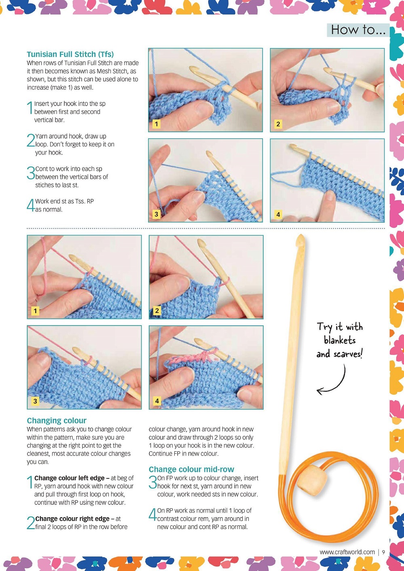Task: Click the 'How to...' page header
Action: point(358,30)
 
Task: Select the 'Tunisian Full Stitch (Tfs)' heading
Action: point(70,54)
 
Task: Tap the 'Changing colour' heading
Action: point(57,420)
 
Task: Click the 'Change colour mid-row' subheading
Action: point(191,469)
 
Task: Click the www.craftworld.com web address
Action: point(347,552)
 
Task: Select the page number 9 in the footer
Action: point(383,552)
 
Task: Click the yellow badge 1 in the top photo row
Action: point(156,124)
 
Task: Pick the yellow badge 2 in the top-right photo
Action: point(278,124)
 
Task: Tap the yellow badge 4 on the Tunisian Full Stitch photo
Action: point(278,214)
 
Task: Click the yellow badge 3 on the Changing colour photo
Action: point(35,401)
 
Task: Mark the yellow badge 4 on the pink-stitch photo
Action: point(157,401)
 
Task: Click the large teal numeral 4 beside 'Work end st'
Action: point(30,205)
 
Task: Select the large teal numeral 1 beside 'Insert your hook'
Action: point(30,108)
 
